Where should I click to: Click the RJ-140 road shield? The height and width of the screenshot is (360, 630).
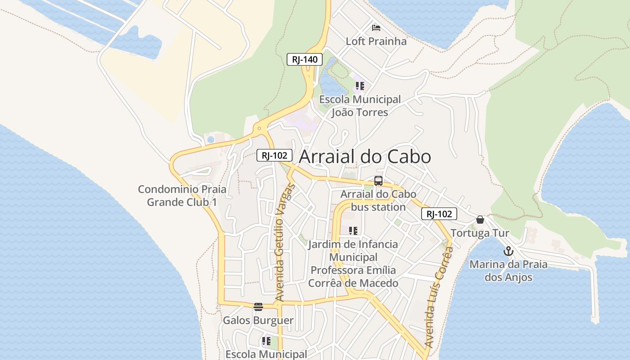click(x=305, y=59)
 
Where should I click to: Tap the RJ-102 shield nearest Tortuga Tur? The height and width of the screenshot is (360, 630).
click(x=439, y=214)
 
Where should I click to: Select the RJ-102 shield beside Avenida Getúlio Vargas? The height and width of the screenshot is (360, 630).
click(x=274, y=156)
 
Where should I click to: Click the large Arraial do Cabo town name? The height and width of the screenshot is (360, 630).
click(x=365, y=157)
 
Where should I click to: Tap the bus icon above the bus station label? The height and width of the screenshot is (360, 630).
click(x=378, y=181)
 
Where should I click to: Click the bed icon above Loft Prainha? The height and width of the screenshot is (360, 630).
click(x=376, y=28)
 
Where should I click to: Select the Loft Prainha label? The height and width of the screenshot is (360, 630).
click(x=376, y=41)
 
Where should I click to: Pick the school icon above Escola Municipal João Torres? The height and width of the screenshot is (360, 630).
click(x=360, y=85)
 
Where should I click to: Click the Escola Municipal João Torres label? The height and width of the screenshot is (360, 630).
click(x=360, y=106)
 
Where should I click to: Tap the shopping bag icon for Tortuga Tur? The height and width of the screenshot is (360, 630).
click(x=480, y=220)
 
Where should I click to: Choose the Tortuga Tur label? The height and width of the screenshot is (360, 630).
click(x=480, y=233)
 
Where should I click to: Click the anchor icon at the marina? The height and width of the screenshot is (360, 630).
click(x=508, y=251)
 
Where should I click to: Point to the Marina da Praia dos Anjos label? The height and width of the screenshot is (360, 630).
click(x=508, y=270)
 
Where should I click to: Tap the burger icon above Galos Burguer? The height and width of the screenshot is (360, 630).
click(x=258, y=307)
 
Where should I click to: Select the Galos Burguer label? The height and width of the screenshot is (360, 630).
click(x=258, y=320)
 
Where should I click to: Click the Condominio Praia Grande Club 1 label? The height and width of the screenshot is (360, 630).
click(x=182, y=196)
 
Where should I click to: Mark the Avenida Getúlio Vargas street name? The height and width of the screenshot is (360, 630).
click(x=283, y=243)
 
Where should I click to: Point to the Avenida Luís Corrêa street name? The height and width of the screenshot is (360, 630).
click(x=438, y=297)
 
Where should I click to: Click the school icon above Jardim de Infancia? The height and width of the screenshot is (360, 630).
click(x=353, y=231)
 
